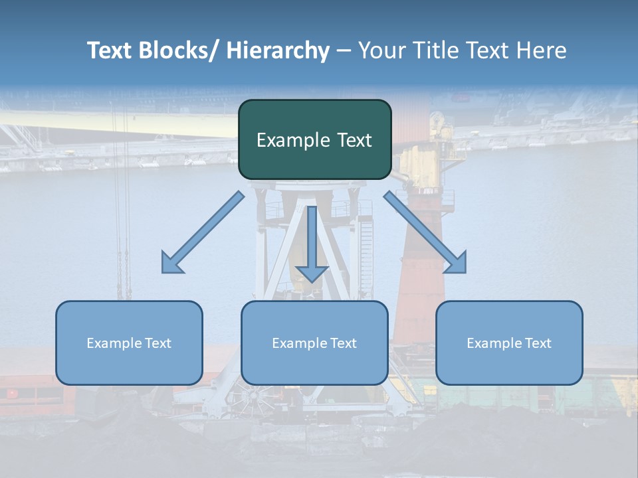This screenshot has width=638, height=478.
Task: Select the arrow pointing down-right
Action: coord(425,232)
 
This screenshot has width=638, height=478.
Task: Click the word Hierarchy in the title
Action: coord(278,50)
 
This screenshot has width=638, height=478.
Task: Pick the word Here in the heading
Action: coord(542,50)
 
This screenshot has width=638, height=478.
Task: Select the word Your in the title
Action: coord(381,50)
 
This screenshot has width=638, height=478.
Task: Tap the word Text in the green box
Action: coord(354,141)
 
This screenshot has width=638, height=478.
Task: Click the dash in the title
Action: coord(344,50)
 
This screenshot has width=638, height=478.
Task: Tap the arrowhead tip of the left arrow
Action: coord(163,272)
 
